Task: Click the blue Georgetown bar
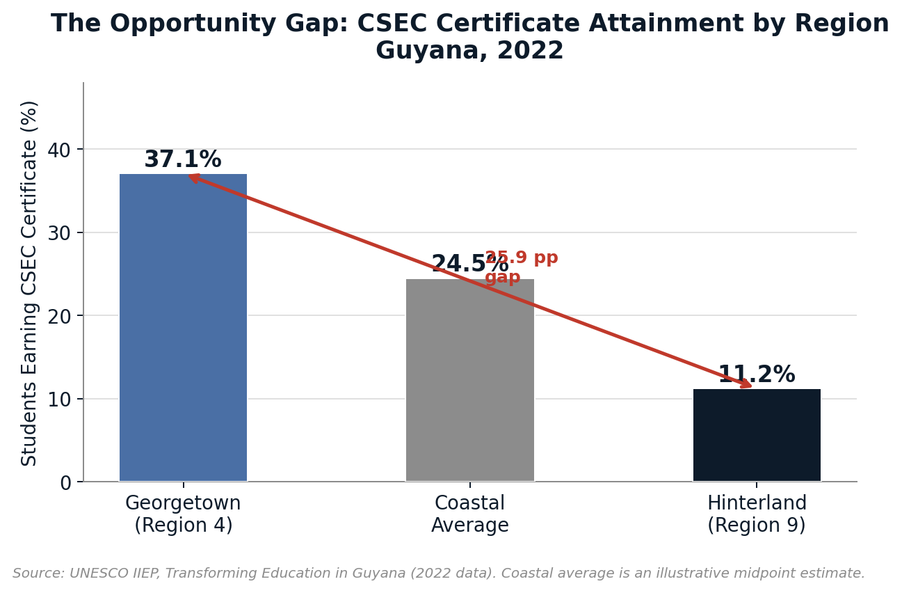tap(183, 327)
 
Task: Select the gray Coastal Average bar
tap(469, 380)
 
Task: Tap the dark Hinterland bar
tap(757, 435)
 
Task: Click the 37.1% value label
tap(183, 160)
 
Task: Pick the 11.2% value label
tap(757, 375)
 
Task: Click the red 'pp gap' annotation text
tap(521, 268)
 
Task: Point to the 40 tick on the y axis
tap(59, 150)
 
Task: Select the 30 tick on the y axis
tap(59, 233)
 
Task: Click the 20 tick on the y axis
tap(59, 316)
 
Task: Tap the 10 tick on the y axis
tap(59, 400)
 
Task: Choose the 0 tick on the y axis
tap(65, 482)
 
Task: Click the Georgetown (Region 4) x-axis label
tap(183, 514)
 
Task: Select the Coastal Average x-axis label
tap(469, 514)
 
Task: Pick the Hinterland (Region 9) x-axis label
tap(757, 514)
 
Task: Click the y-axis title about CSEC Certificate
tap(29, 283)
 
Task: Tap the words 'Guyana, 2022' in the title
tap(469, 52)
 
